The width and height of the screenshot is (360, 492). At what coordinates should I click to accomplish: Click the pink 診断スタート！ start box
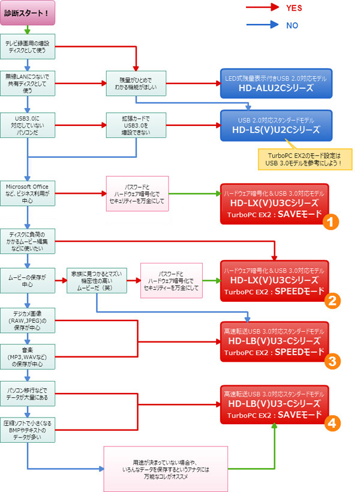tap(28, 13)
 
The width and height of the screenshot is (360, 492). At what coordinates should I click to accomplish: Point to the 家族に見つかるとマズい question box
tap(97, 280)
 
